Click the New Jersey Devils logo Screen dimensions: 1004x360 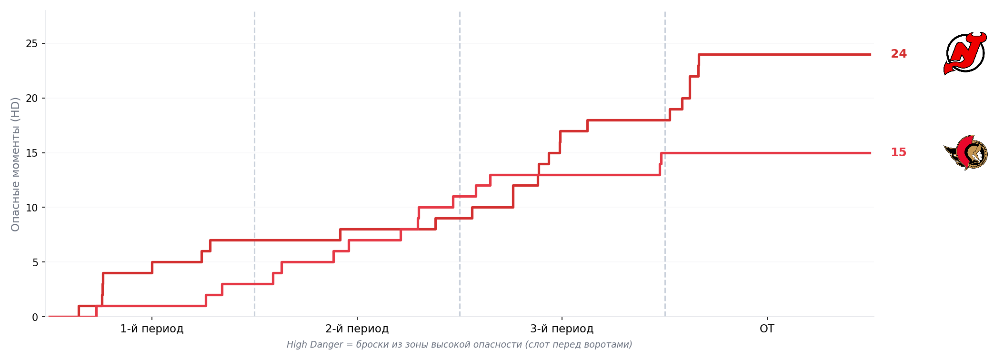click(965, 53)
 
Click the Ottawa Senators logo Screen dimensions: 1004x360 click(965, 152)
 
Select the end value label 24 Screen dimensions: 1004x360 click(899, 54)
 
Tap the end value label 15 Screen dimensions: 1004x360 click(899, 152)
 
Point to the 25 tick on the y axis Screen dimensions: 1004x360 click(31, 44)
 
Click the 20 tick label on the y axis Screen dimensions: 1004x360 click(31, 99)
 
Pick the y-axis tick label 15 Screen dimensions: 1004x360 click(31, 153)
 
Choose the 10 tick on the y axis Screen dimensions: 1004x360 click(31, 208)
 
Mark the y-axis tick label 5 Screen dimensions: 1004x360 click(35, 262)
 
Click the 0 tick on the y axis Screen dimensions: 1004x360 click(35, 317)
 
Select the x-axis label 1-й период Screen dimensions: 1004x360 click(152, 329)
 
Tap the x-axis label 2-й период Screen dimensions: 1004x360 click(357, 329)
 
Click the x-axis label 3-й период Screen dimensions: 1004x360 click(562, 329)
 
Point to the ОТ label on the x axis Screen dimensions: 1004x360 click(767, 329)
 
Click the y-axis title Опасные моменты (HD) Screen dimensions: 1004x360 click(15, 164)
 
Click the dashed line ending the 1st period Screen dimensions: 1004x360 click(254, 164)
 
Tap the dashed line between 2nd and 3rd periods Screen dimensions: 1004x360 click(460, 164)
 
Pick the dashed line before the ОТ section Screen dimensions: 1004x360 click(665, 164)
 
